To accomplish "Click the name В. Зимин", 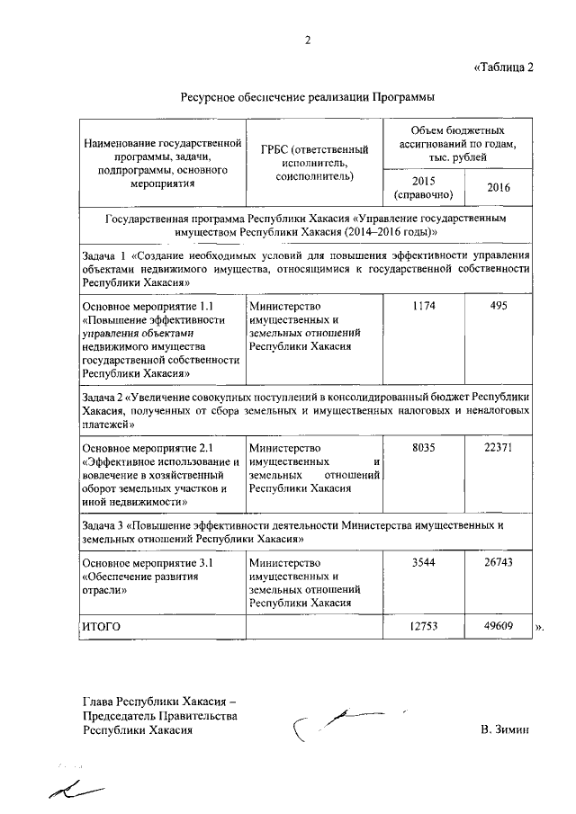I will pyautogui.click(x=506, y=730).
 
